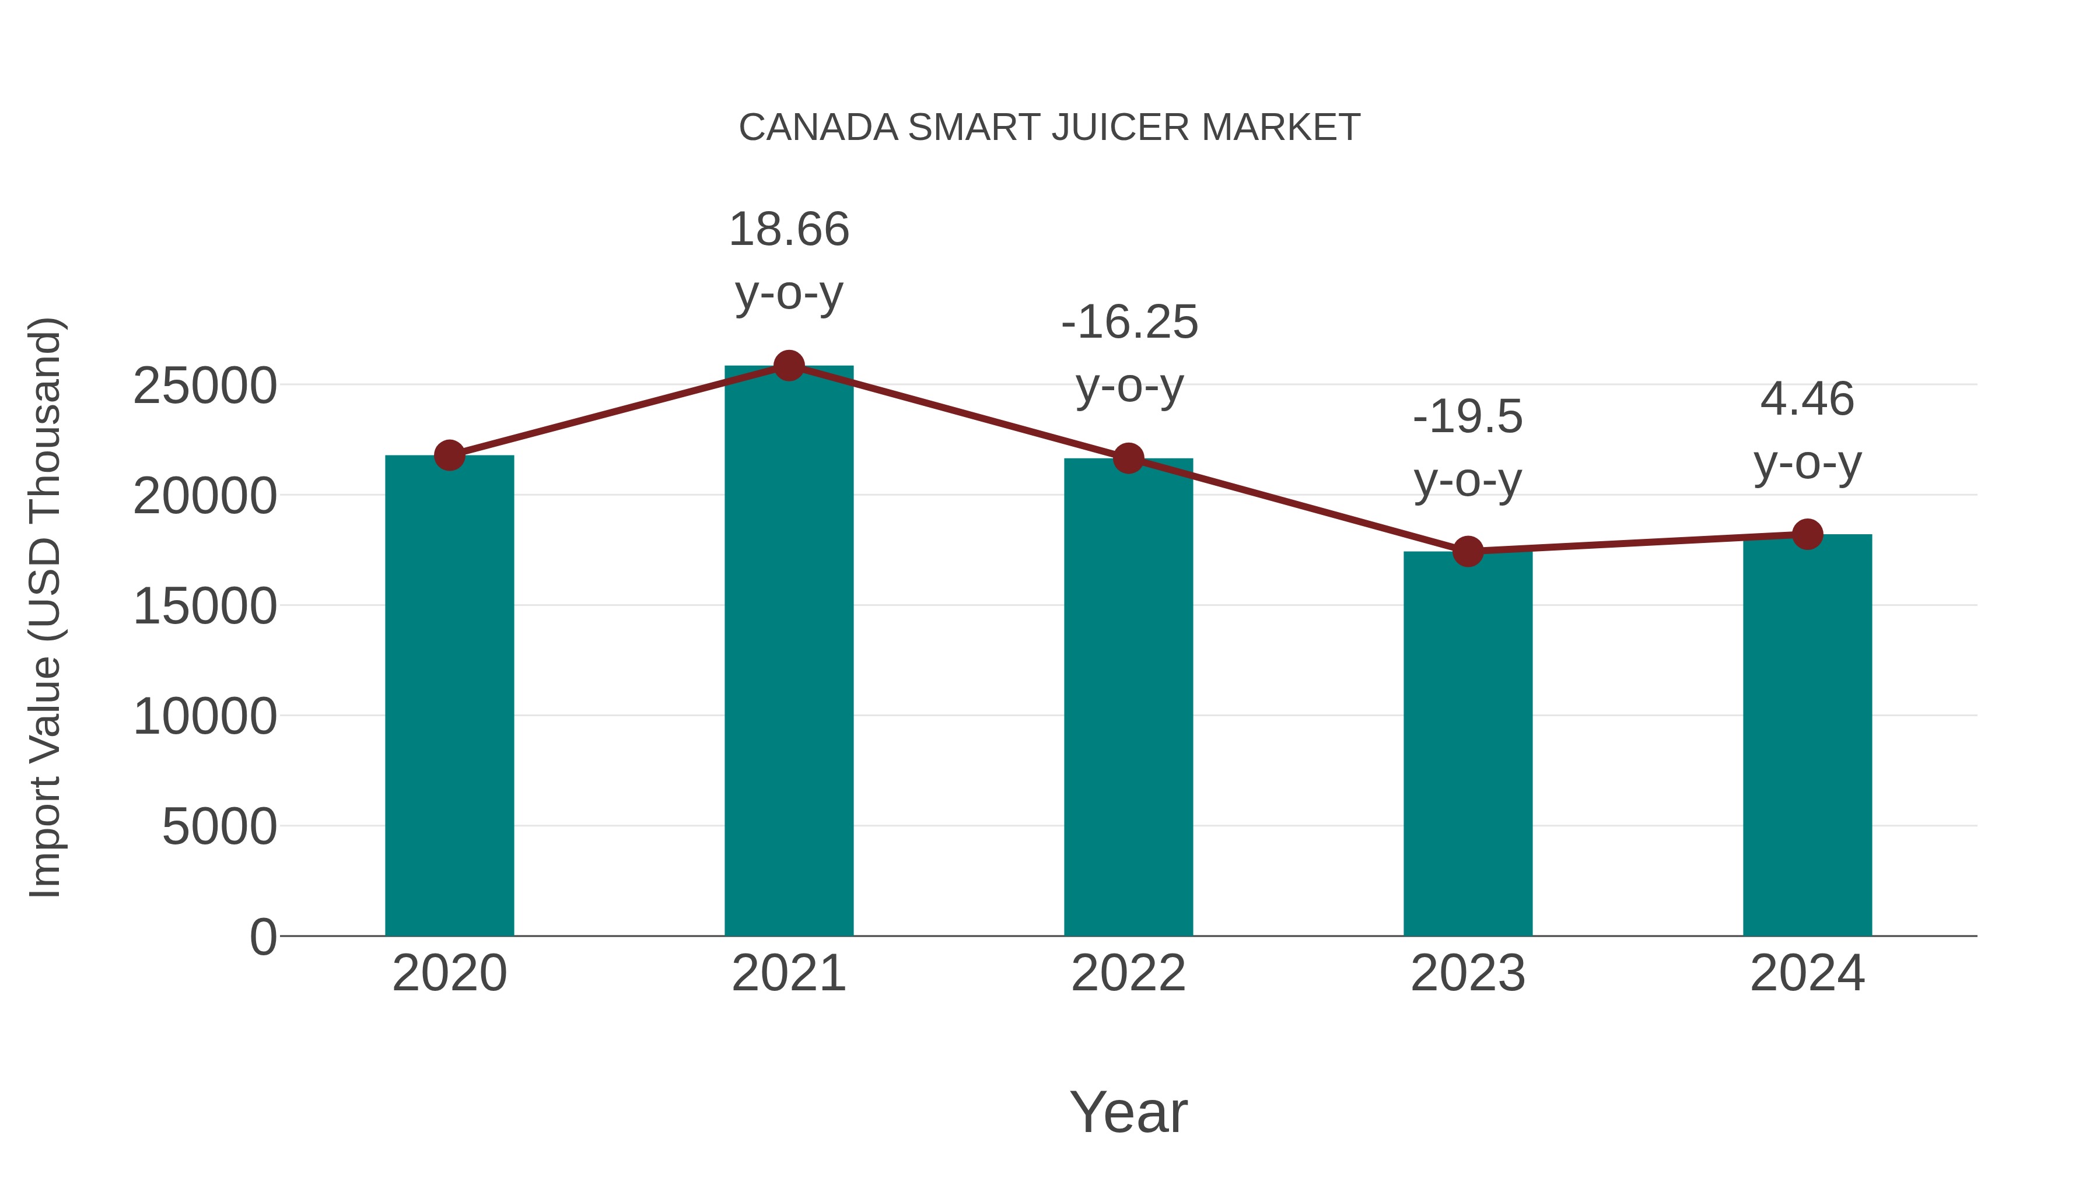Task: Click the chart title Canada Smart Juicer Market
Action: pos(1049,128)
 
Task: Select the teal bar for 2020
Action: pos(449,697)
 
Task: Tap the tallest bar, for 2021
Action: pos(788,652)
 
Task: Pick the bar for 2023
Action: pos(1468,744)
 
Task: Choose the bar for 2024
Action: pos(1807,735)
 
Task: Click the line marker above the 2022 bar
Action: pos(1128,459)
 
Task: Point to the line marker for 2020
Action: pos(449,455)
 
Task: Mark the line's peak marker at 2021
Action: pos(788,366)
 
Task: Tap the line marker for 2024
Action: pos(1807,535)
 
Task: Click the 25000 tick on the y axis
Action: pos(205,386)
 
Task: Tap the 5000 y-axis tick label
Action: pos(219,827)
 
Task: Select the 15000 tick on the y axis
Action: pos(205,607)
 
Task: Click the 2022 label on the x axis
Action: pos(1128,973)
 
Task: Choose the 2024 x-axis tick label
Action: pos(1807,973)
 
